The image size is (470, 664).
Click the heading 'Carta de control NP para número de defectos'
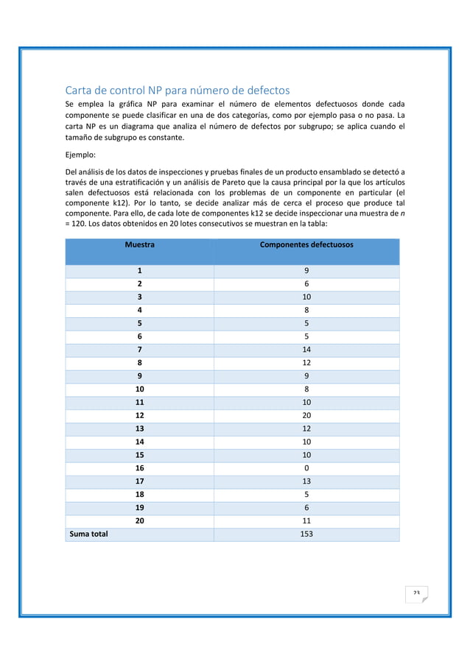(x=178, y=91)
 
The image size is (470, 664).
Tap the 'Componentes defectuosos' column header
(x=306, y=244)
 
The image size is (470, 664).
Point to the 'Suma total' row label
(x=88, y=534)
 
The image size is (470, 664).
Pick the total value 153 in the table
(x=306, y=534)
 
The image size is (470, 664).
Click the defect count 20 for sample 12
(x=306, y=415)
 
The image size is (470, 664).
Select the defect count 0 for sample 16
(x=306, y=467)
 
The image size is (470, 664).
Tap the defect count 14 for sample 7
(x=306, y=350)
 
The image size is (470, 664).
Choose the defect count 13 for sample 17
(x=306, y=481)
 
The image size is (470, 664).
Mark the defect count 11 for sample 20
(x=306, y=520)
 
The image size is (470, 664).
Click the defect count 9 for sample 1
(x=306, y=271)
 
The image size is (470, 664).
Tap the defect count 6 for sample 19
(x=306, y=507)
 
